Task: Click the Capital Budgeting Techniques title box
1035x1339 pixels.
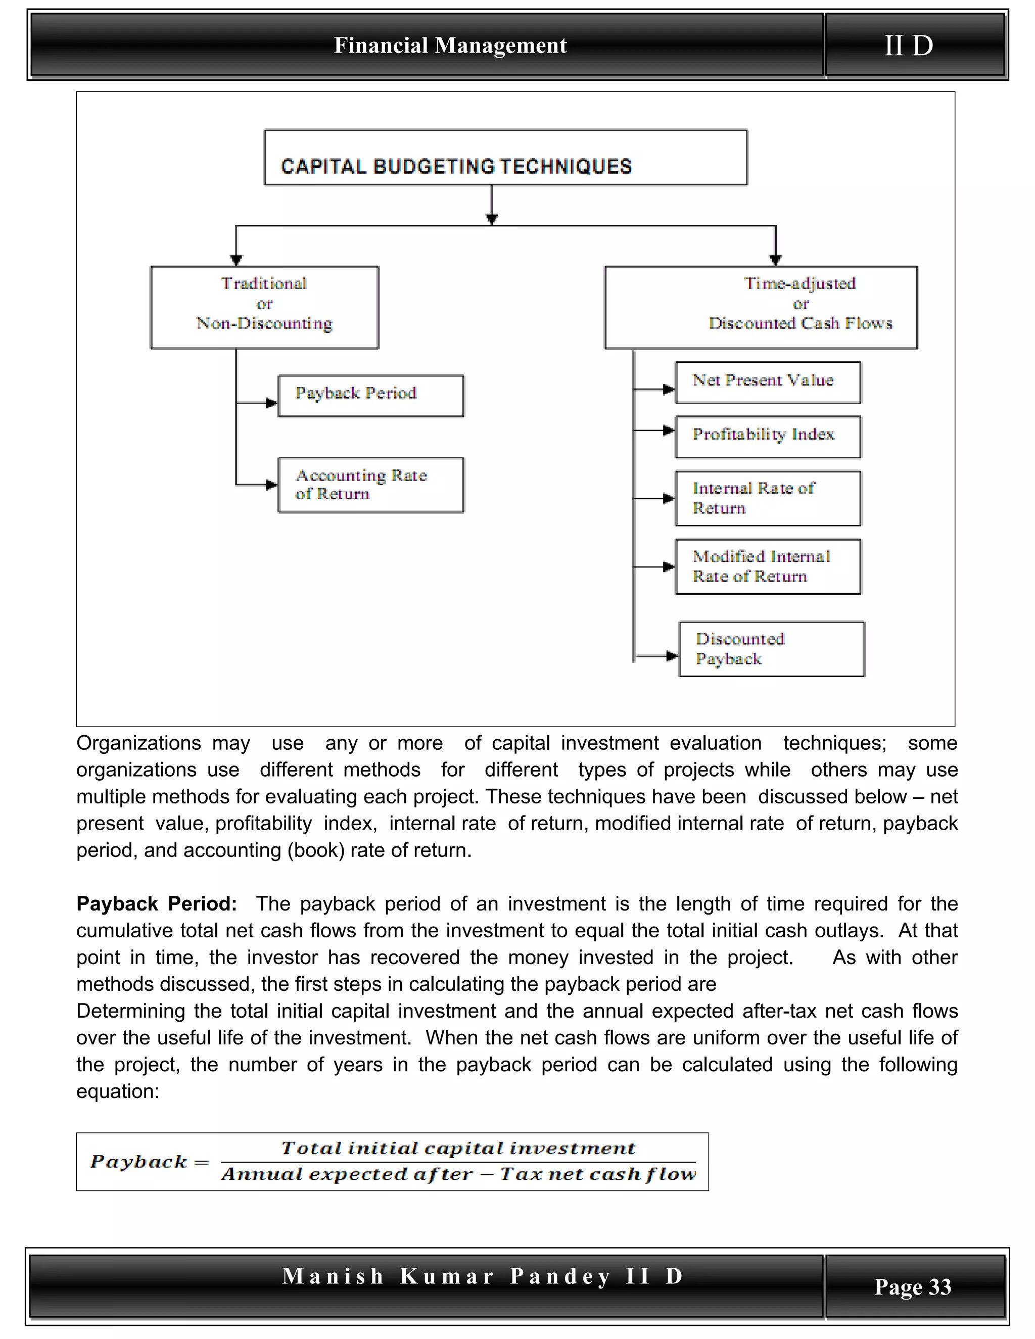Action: [505, 158]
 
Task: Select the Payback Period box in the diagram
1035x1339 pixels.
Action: [370, 396]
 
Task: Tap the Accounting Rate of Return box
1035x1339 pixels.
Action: [370, 485]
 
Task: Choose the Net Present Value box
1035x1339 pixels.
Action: [768, 382]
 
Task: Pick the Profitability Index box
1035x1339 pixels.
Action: [768, 437]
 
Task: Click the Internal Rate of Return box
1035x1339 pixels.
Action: [768, 498]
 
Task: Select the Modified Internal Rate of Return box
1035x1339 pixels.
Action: [768, 566]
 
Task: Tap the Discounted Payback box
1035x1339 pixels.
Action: [771, 649]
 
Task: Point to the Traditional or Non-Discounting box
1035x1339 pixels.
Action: [264, 307]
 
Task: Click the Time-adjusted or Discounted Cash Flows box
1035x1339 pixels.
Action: [761, 307]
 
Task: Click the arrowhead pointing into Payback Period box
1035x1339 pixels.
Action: [271, 403]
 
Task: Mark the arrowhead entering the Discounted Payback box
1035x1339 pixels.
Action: [672, 656]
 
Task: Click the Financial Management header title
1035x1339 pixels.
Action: [450, 45]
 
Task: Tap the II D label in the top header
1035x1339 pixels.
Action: [909, 45]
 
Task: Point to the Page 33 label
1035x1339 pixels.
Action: [912, 1286]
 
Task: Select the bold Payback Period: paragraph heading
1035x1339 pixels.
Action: [156, 904]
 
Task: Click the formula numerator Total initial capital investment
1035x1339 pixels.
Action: [458, 1149]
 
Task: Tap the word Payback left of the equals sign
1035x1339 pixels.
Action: [138, 1162]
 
